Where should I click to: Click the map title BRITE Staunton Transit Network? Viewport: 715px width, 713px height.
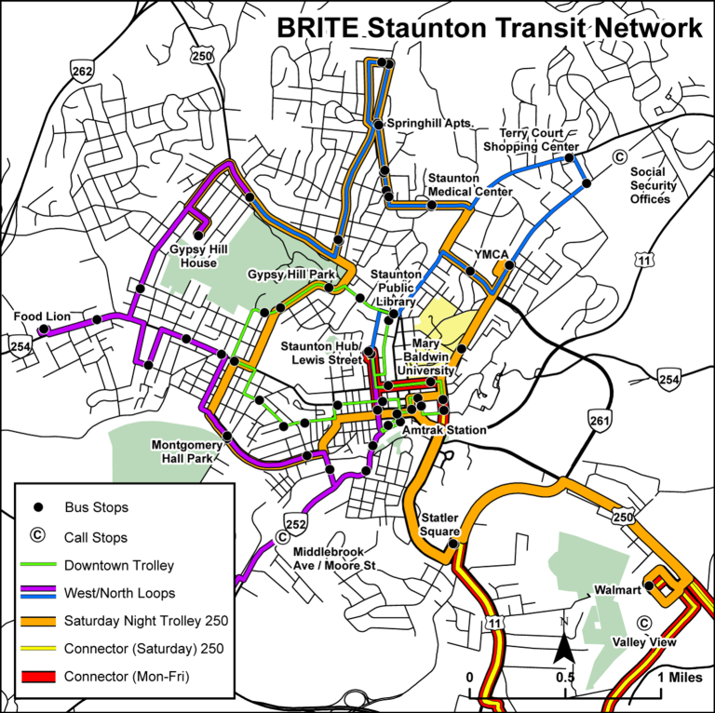[x=489, y=27]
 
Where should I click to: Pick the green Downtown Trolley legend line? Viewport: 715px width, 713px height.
[x=38, y=565]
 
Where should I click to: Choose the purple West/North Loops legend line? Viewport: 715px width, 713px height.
[x=38, y=592]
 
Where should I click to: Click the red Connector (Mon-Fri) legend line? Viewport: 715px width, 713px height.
[x=38, y=677]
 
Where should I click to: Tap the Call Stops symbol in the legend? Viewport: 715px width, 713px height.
[x=38, y=536]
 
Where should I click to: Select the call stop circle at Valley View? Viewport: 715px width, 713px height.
[x=642, y=623]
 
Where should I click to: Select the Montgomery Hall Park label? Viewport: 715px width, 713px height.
[x=189, y=451]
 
